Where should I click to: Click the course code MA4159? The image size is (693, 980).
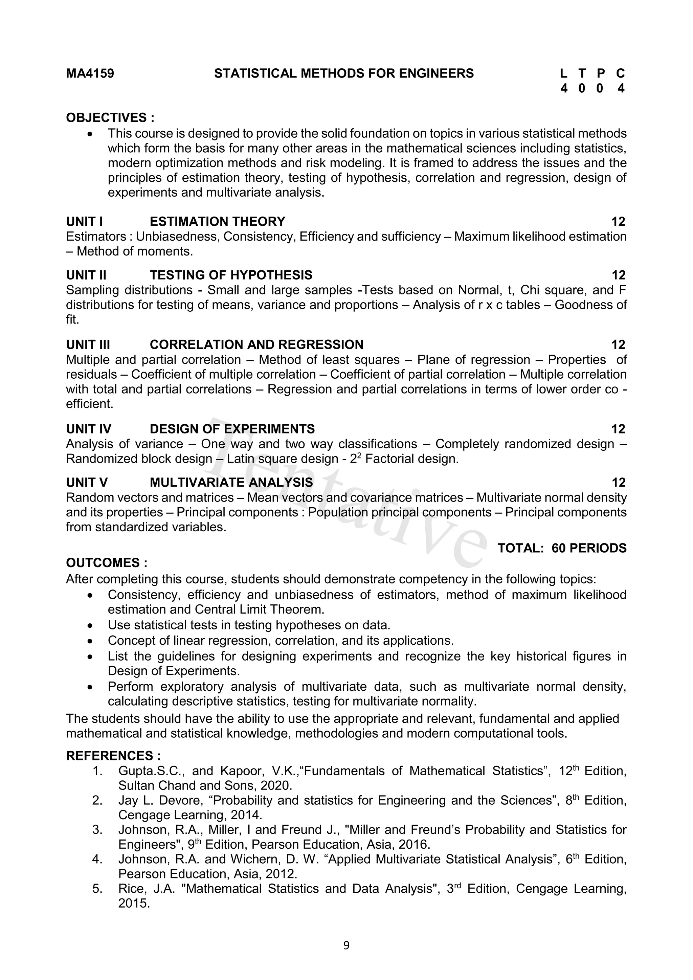[x=90, y=73]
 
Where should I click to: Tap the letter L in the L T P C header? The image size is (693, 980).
[x=564, y=73]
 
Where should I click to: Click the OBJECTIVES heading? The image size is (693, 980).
[x=110, y=117]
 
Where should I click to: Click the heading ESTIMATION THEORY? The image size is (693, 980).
[x=217, y=222]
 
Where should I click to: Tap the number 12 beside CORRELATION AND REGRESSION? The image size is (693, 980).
[x=618, y=344]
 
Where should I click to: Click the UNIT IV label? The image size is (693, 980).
[x=88, y=429]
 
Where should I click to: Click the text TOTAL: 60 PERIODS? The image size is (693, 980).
[x=562, y=548]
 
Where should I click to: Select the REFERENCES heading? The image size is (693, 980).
[x=113, y=756]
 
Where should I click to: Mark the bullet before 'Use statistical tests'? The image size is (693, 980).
[x=90, y=626]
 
